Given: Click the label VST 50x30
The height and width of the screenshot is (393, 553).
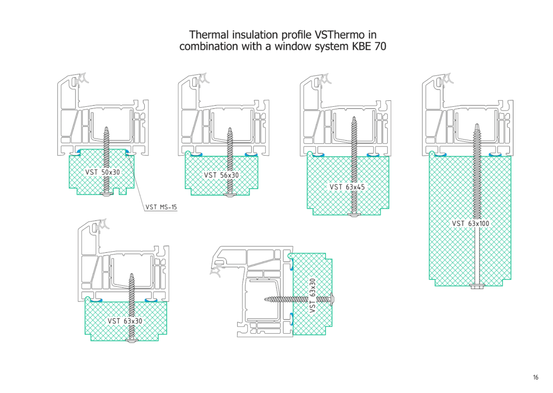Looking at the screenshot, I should click(x=103, y=172).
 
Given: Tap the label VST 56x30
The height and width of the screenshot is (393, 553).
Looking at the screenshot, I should click(x=221, y=175).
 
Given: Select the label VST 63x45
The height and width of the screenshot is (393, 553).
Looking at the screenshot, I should click(x=347, y=187).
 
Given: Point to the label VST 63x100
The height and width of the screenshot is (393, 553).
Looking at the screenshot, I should click(x=470, y=223).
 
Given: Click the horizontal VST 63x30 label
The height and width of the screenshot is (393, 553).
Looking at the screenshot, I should click(x=125, y=321).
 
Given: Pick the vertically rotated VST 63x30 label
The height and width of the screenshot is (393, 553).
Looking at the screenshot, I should click(x=313, y=295).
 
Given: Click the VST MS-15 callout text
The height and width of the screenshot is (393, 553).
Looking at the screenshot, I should click(x=161, y=206).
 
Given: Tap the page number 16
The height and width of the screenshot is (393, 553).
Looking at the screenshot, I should click(x=536, y=377).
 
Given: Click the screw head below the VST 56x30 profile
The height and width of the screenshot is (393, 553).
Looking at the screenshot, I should click(x=230, y=195).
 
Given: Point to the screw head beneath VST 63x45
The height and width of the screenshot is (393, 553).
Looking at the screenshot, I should click(x=355, y=215).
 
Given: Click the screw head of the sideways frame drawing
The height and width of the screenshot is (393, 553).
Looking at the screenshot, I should click(x=332, y=298).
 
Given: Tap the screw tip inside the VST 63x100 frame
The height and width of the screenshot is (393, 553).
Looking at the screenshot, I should click(x=477, y=126).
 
